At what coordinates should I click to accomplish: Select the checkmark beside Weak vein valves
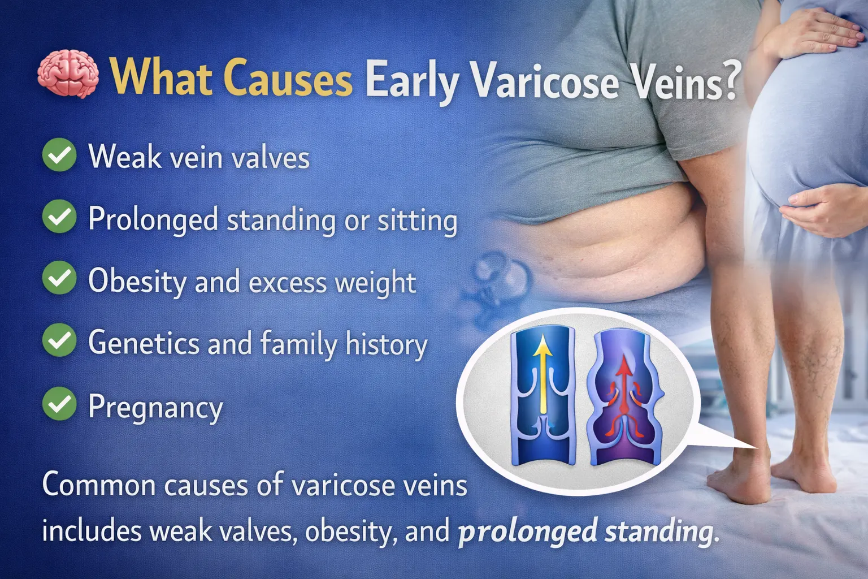pos(59,155)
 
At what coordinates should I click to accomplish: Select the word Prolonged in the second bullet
pos(153,219)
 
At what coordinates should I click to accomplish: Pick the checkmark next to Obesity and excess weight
pos(59,278)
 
